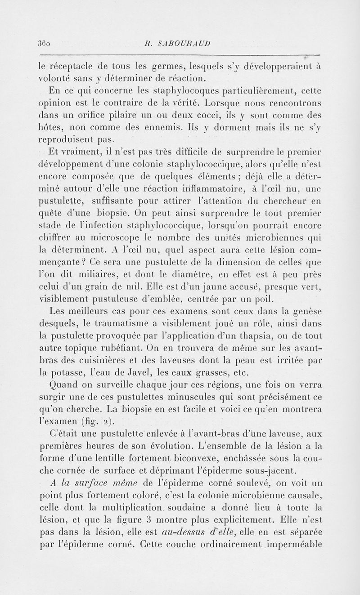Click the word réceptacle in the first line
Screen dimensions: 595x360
(x=72, y=67)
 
